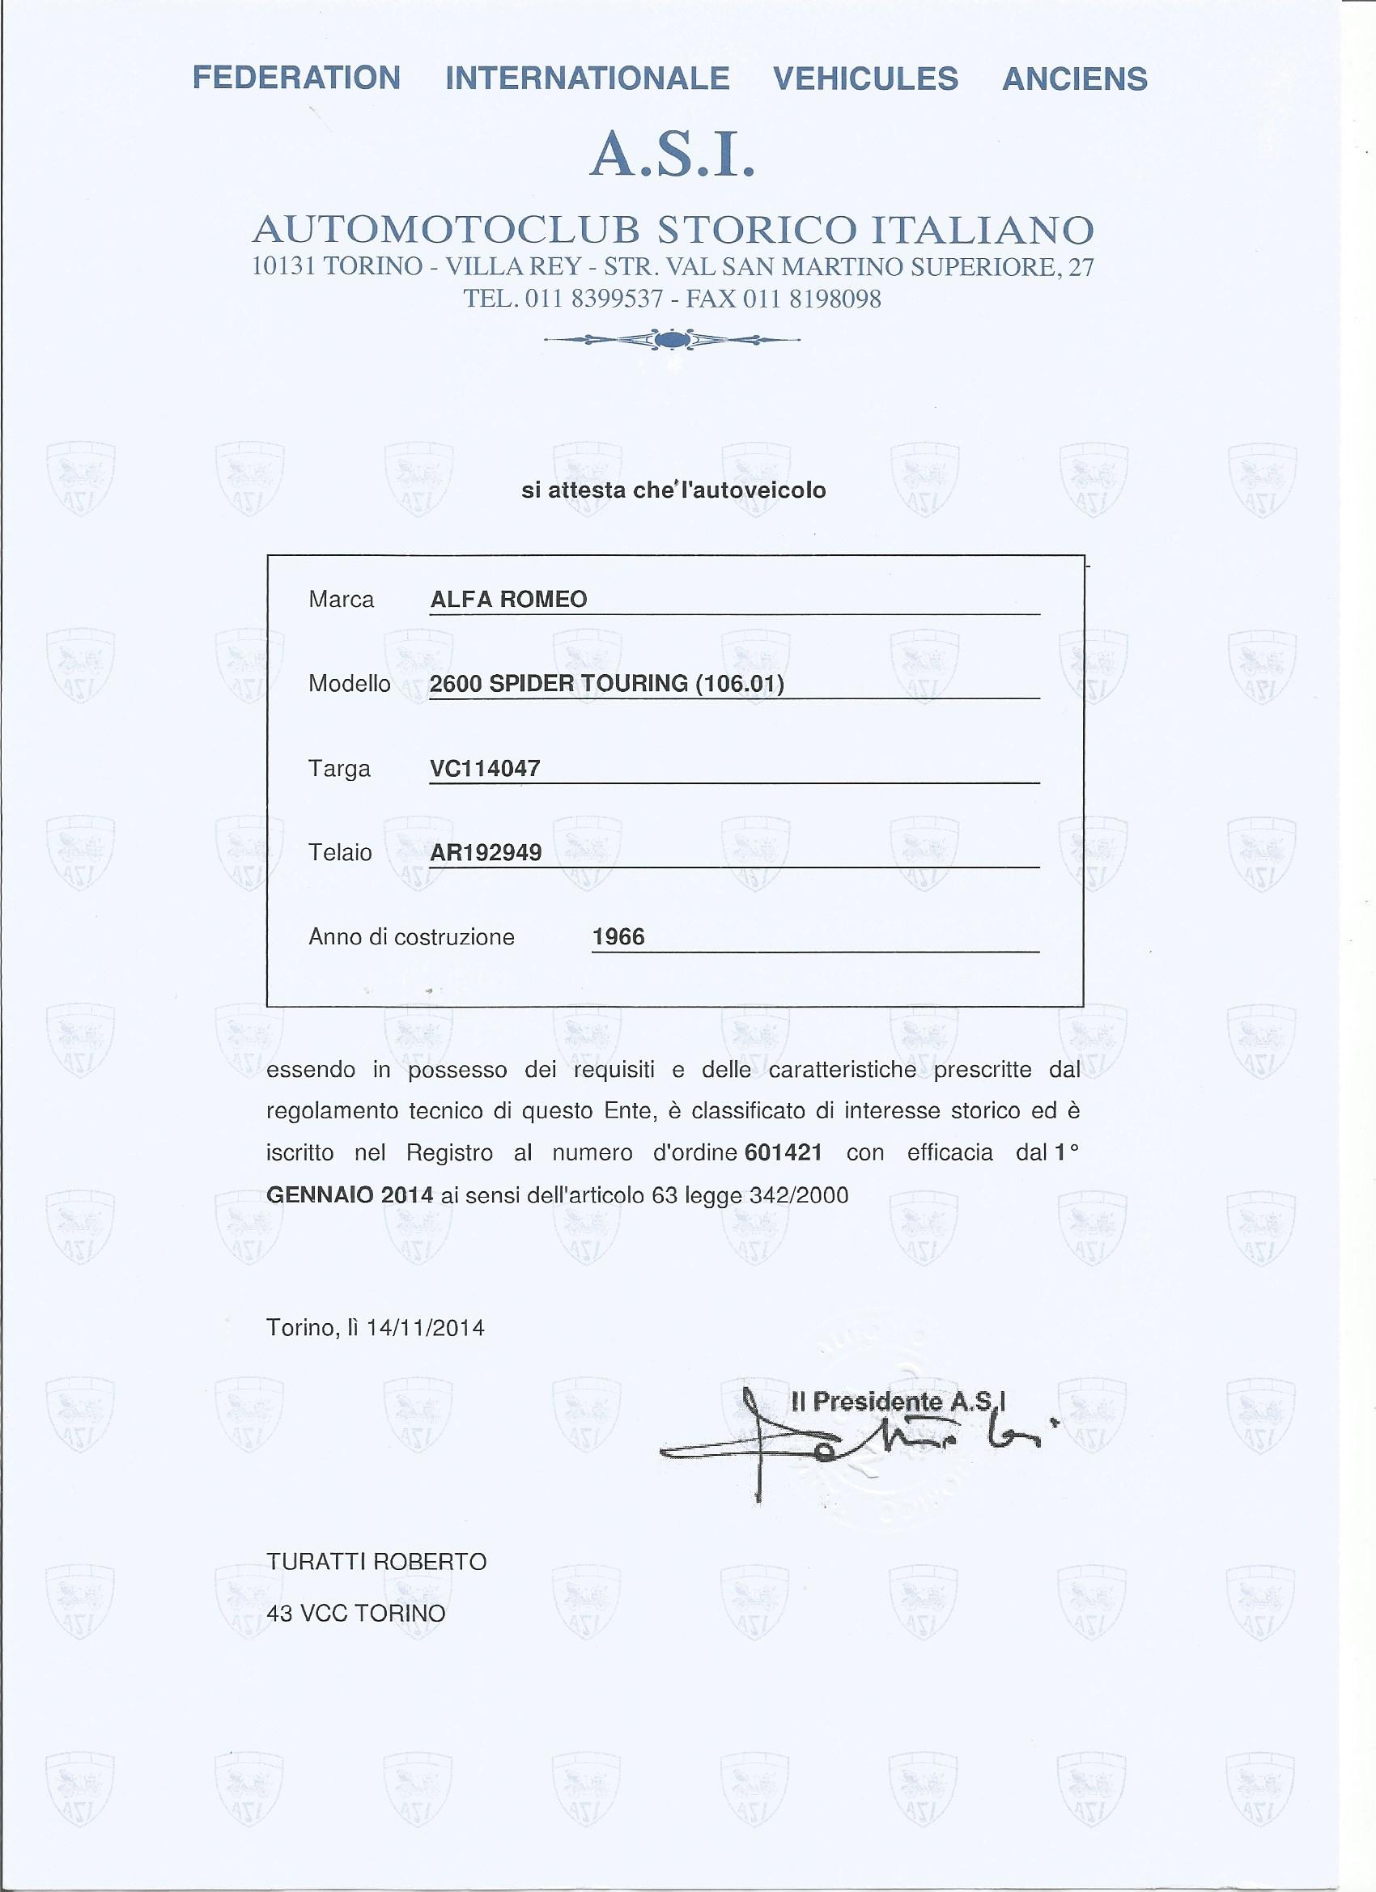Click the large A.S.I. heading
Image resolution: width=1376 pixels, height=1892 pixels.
[x=672, y=156]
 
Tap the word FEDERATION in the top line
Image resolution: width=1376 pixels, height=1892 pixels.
[x=296, y=78]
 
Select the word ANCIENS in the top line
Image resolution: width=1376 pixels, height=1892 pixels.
[x=1074, y=79]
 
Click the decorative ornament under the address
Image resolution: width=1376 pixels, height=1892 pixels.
[x=671, y=340]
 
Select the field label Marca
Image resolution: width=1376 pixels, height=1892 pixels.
[x=342, y=600]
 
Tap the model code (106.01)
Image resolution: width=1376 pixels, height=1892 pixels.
[x=739, y=684]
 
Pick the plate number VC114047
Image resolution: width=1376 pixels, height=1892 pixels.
[x=485, y=768]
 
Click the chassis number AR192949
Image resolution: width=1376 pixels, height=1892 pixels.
[x=486, y=853]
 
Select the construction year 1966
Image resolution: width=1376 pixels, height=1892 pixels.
[x=618, y=937]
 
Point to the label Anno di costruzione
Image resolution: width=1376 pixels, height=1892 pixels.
[x=411, y=938]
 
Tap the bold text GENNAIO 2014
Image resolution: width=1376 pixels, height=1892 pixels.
[x=350, y=1195]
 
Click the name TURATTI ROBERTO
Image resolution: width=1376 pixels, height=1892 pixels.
[x=376, y=1562]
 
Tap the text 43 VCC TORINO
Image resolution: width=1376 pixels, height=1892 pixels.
[x=355, y=1614]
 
